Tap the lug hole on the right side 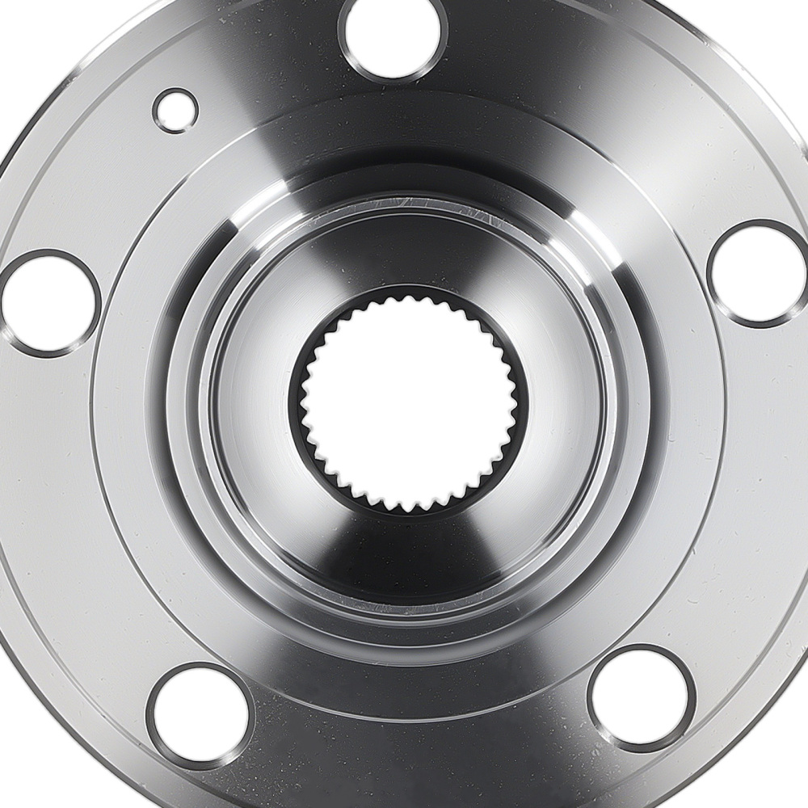coord(758,273)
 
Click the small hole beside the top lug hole coord(175,110)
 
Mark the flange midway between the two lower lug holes coord(420,727)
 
